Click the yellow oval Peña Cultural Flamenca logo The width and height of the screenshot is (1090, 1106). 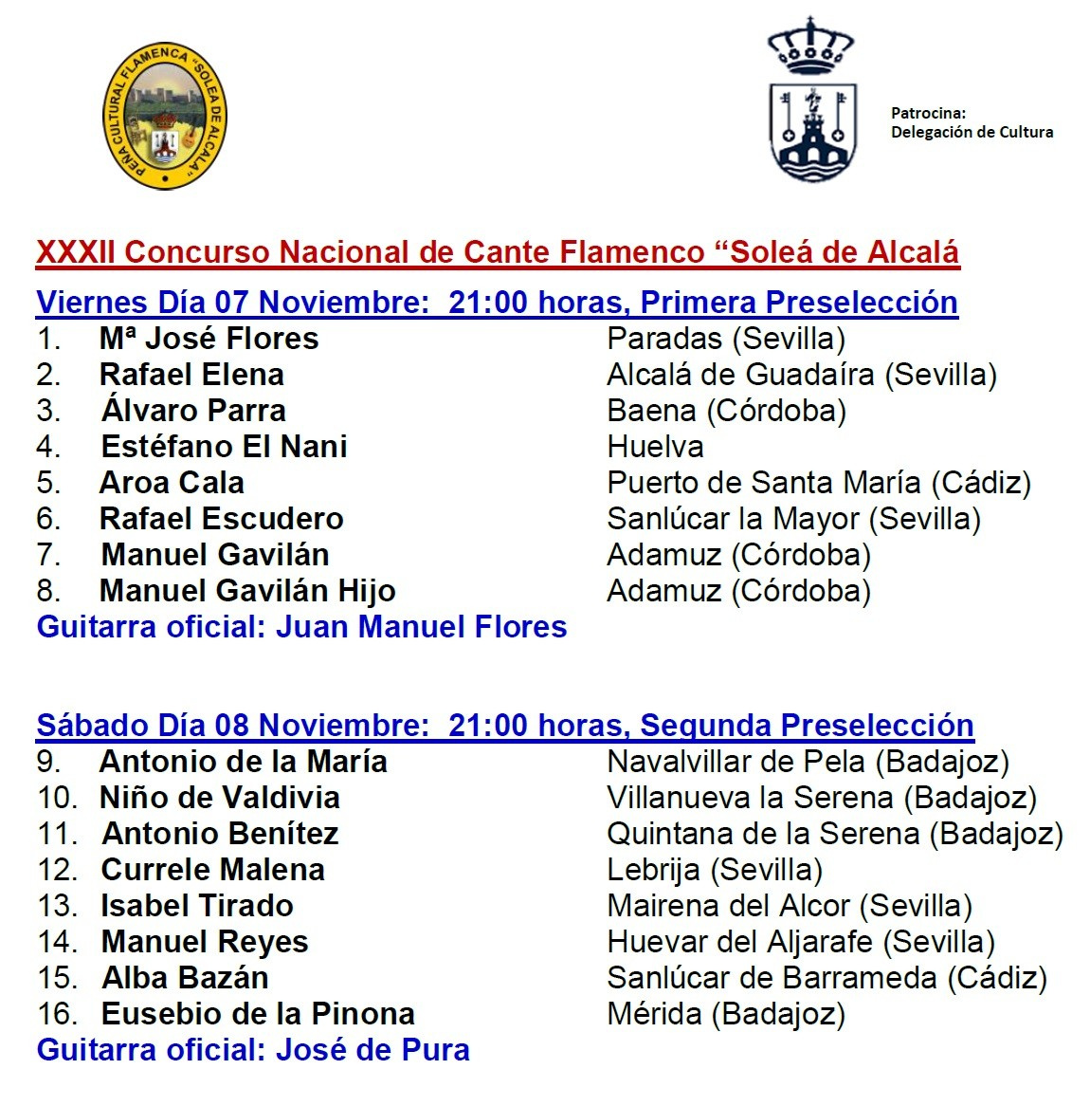tap(165, 115)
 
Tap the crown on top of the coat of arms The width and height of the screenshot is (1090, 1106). tap(810, 46)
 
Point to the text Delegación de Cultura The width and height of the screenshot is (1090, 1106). tap(972, 133)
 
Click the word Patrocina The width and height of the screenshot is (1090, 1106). tap(927, 114)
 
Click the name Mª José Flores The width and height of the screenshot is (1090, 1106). tap(209, 339)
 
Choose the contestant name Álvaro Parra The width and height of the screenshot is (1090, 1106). tap(193, 411)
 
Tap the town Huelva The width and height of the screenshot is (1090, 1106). tap(655, 447)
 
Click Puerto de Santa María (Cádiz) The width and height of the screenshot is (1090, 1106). tap(818, 483)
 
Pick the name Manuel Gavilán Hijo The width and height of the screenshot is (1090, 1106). tap(247, 591)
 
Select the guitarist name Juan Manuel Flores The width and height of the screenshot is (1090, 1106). tap(421, 627)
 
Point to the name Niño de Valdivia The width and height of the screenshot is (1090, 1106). tap(219, 798)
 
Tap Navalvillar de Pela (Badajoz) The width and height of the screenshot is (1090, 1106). tap(808, 762)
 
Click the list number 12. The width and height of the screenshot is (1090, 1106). tap(58, 870)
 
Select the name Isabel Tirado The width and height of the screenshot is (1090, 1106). tap(197, 906)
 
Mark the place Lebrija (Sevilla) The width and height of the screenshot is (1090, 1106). tap(714, 870)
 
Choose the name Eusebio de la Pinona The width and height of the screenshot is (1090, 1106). tap(258, 1014)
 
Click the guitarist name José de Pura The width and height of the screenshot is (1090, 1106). tap(372, 1050)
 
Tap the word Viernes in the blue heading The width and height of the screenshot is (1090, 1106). tap(92, 303)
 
